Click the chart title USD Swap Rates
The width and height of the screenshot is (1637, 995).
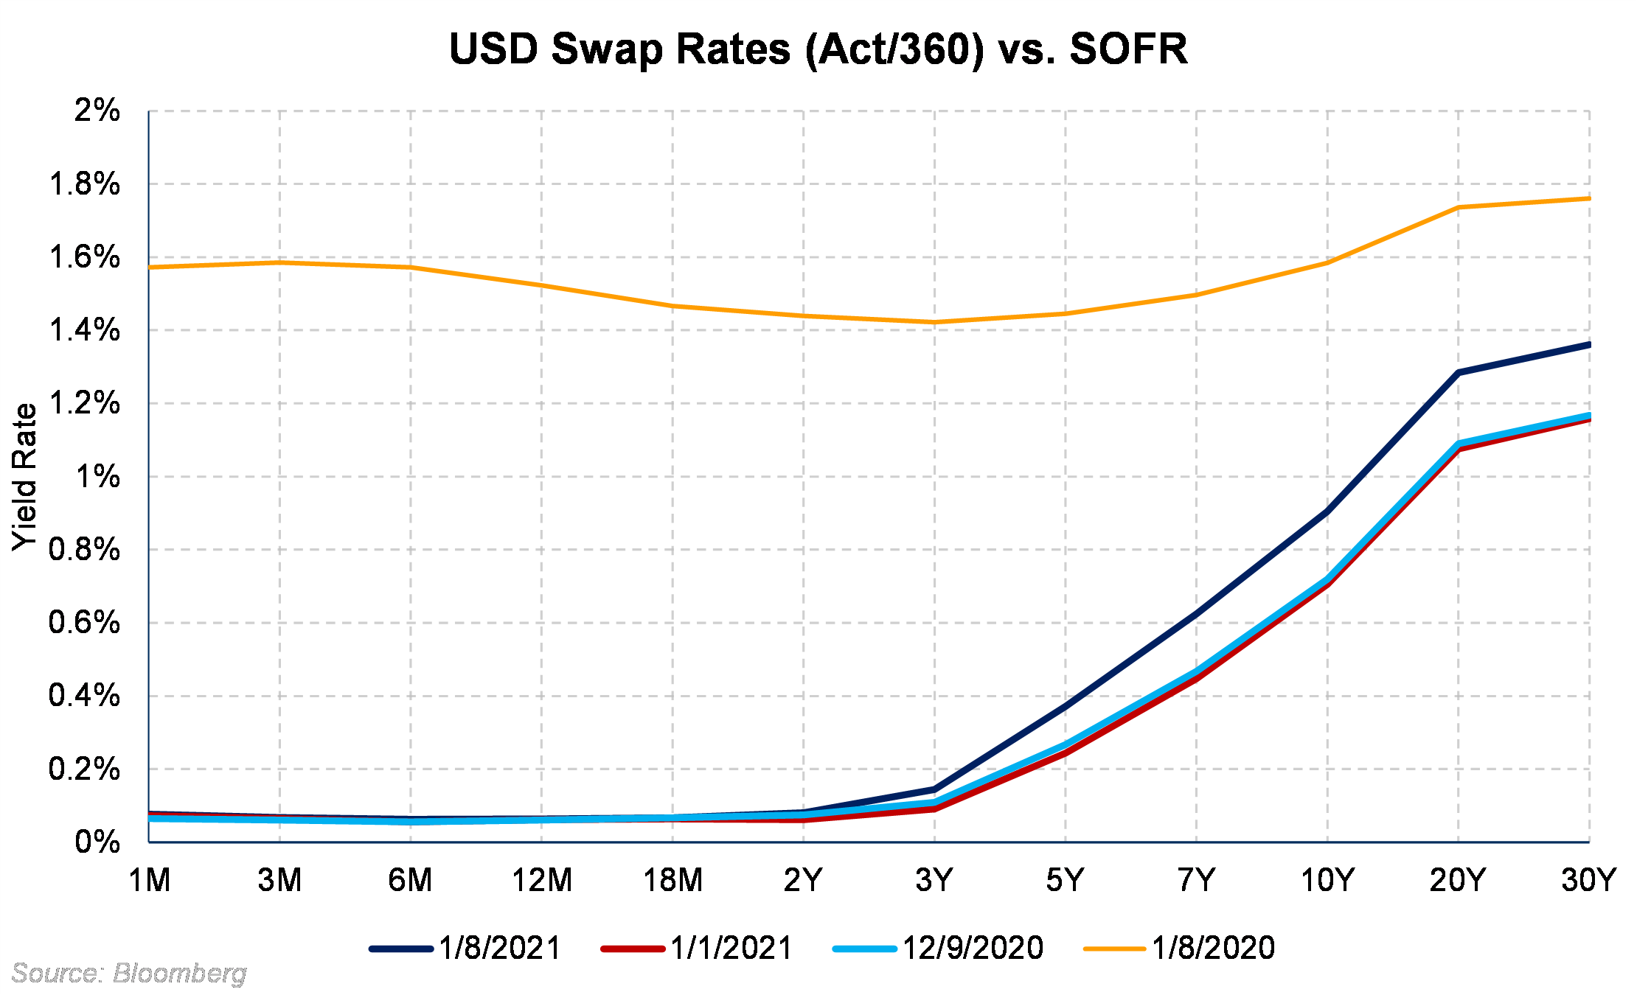pyautogui.click(x=818, y=49)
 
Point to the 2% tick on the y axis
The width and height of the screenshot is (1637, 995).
pyautogui.click(x=97, y=111)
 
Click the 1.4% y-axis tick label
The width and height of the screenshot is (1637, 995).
pyautogui.click(x=85, y=330)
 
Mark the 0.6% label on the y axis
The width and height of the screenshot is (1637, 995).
pyautogui.click(x=85, y=623)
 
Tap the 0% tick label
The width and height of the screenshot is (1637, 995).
pyautogui.click(x=97, y=842)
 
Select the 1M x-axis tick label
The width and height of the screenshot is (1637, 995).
pyautogui.click(x=150, y=880)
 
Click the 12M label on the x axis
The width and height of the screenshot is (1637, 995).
pyautogui.click(x=542, y=880)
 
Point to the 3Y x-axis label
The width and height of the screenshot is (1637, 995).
pyautogui.click(x=934, y=880)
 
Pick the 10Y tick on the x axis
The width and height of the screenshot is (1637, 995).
pyautogui.click(x=1327, y=880)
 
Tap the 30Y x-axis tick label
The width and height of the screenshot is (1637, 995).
pyautogui.click(x=1588, y=880)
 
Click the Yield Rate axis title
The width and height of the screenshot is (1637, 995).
pyautogui.click(x=25, y=477)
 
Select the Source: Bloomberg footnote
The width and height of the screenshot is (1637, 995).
pyautogui.click(x=129, y=974)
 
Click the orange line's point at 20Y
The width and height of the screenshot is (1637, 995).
pyautogui.click(x=1459, y=207)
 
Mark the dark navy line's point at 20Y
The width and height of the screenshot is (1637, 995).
pyautogui.click(x=1459, y=372)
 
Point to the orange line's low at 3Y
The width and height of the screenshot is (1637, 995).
pyautogui.click(x=935, y=322)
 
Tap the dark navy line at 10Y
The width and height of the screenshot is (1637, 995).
pyautogui.click(x=1327, y=512)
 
